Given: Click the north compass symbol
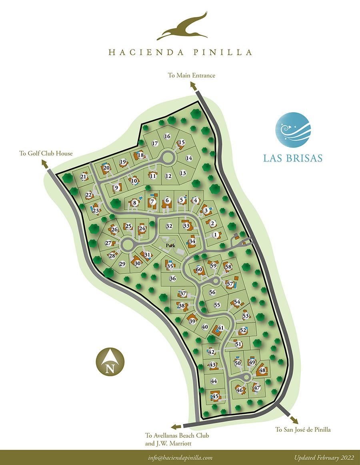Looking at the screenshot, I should pos(110,362).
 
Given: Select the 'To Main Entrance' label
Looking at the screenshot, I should pos(192,75).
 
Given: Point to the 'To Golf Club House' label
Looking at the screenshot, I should pos(46,153).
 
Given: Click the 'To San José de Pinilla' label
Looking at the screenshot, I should pos(303,430).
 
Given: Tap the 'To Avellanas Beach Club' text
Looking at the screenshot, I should pos(177,435).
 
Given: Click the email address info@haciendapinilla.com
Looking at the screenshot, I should pos(179,458).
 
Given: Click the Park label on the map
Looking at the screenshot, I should pos(171,245).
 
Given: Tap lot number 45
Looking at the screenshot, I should pos(215,396).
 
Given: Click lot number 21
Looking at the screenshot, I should pos(84,177).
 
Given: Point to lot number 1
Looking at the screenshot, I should pos(216,235).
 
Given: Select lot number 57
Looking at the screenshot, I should pos(230,284).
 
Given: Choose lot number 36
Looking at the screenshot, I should pos(173,279).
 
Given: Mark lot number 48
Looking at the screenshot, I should pos(263,371).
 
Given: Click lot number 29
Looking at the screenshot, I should pos(122,264).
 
